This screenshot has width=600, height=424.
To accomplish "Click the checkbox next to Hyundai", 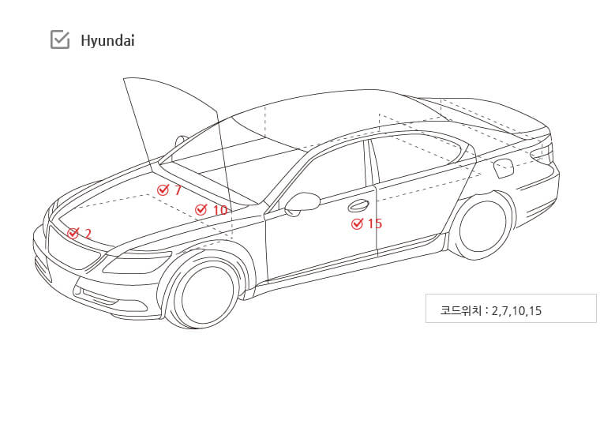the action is pos(60,39).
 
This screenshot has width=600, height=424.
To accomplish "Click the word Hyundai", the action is pos(107,40).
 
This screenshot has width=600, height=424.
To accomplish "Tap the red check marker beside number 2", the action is pos(73,233).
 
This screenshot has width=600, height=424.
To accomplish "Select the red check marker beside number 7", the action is pos(163,189).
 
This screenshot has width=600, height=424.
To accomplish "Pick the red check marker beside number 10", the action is pos(201,209).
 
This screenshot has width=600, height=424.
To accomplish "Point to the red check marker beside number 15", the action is pos(357,223).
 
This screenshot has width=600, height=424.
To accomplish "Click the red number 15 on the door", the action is pos(375,223).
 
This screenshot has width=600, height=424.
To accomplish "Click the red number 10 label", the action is pos(220,210).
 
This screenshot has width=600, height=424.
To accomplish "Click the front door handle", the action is pos(358,205).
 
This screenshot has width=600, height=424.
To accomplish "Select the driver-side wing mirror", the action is pos(302,204).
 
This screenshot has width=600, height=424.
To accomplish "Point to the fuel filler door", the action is pos(503,168).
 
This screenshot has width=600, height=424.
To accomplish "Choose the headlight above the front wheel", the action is pos(137,261).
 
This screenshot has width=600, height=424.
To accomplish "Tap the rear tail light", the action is pos(542,152).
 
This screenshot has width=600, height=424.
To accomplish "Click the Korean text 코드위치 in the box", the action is pos(460,310).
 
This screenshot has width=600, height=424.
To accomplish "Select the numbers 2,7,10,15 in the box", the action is pos(516,311).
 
